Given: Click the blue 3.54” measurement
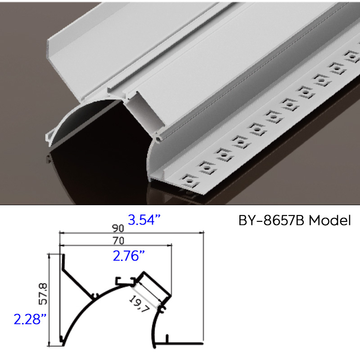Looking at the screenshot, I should [x=144, y=220].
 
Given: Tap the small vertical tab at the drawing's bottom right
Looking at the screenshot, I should [x=167, y=338].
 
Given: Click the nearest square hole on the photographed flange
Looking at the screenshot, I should [x=189, y=181].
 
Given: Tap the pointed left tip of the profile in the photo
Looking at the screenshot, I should [x=47, y=135].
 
